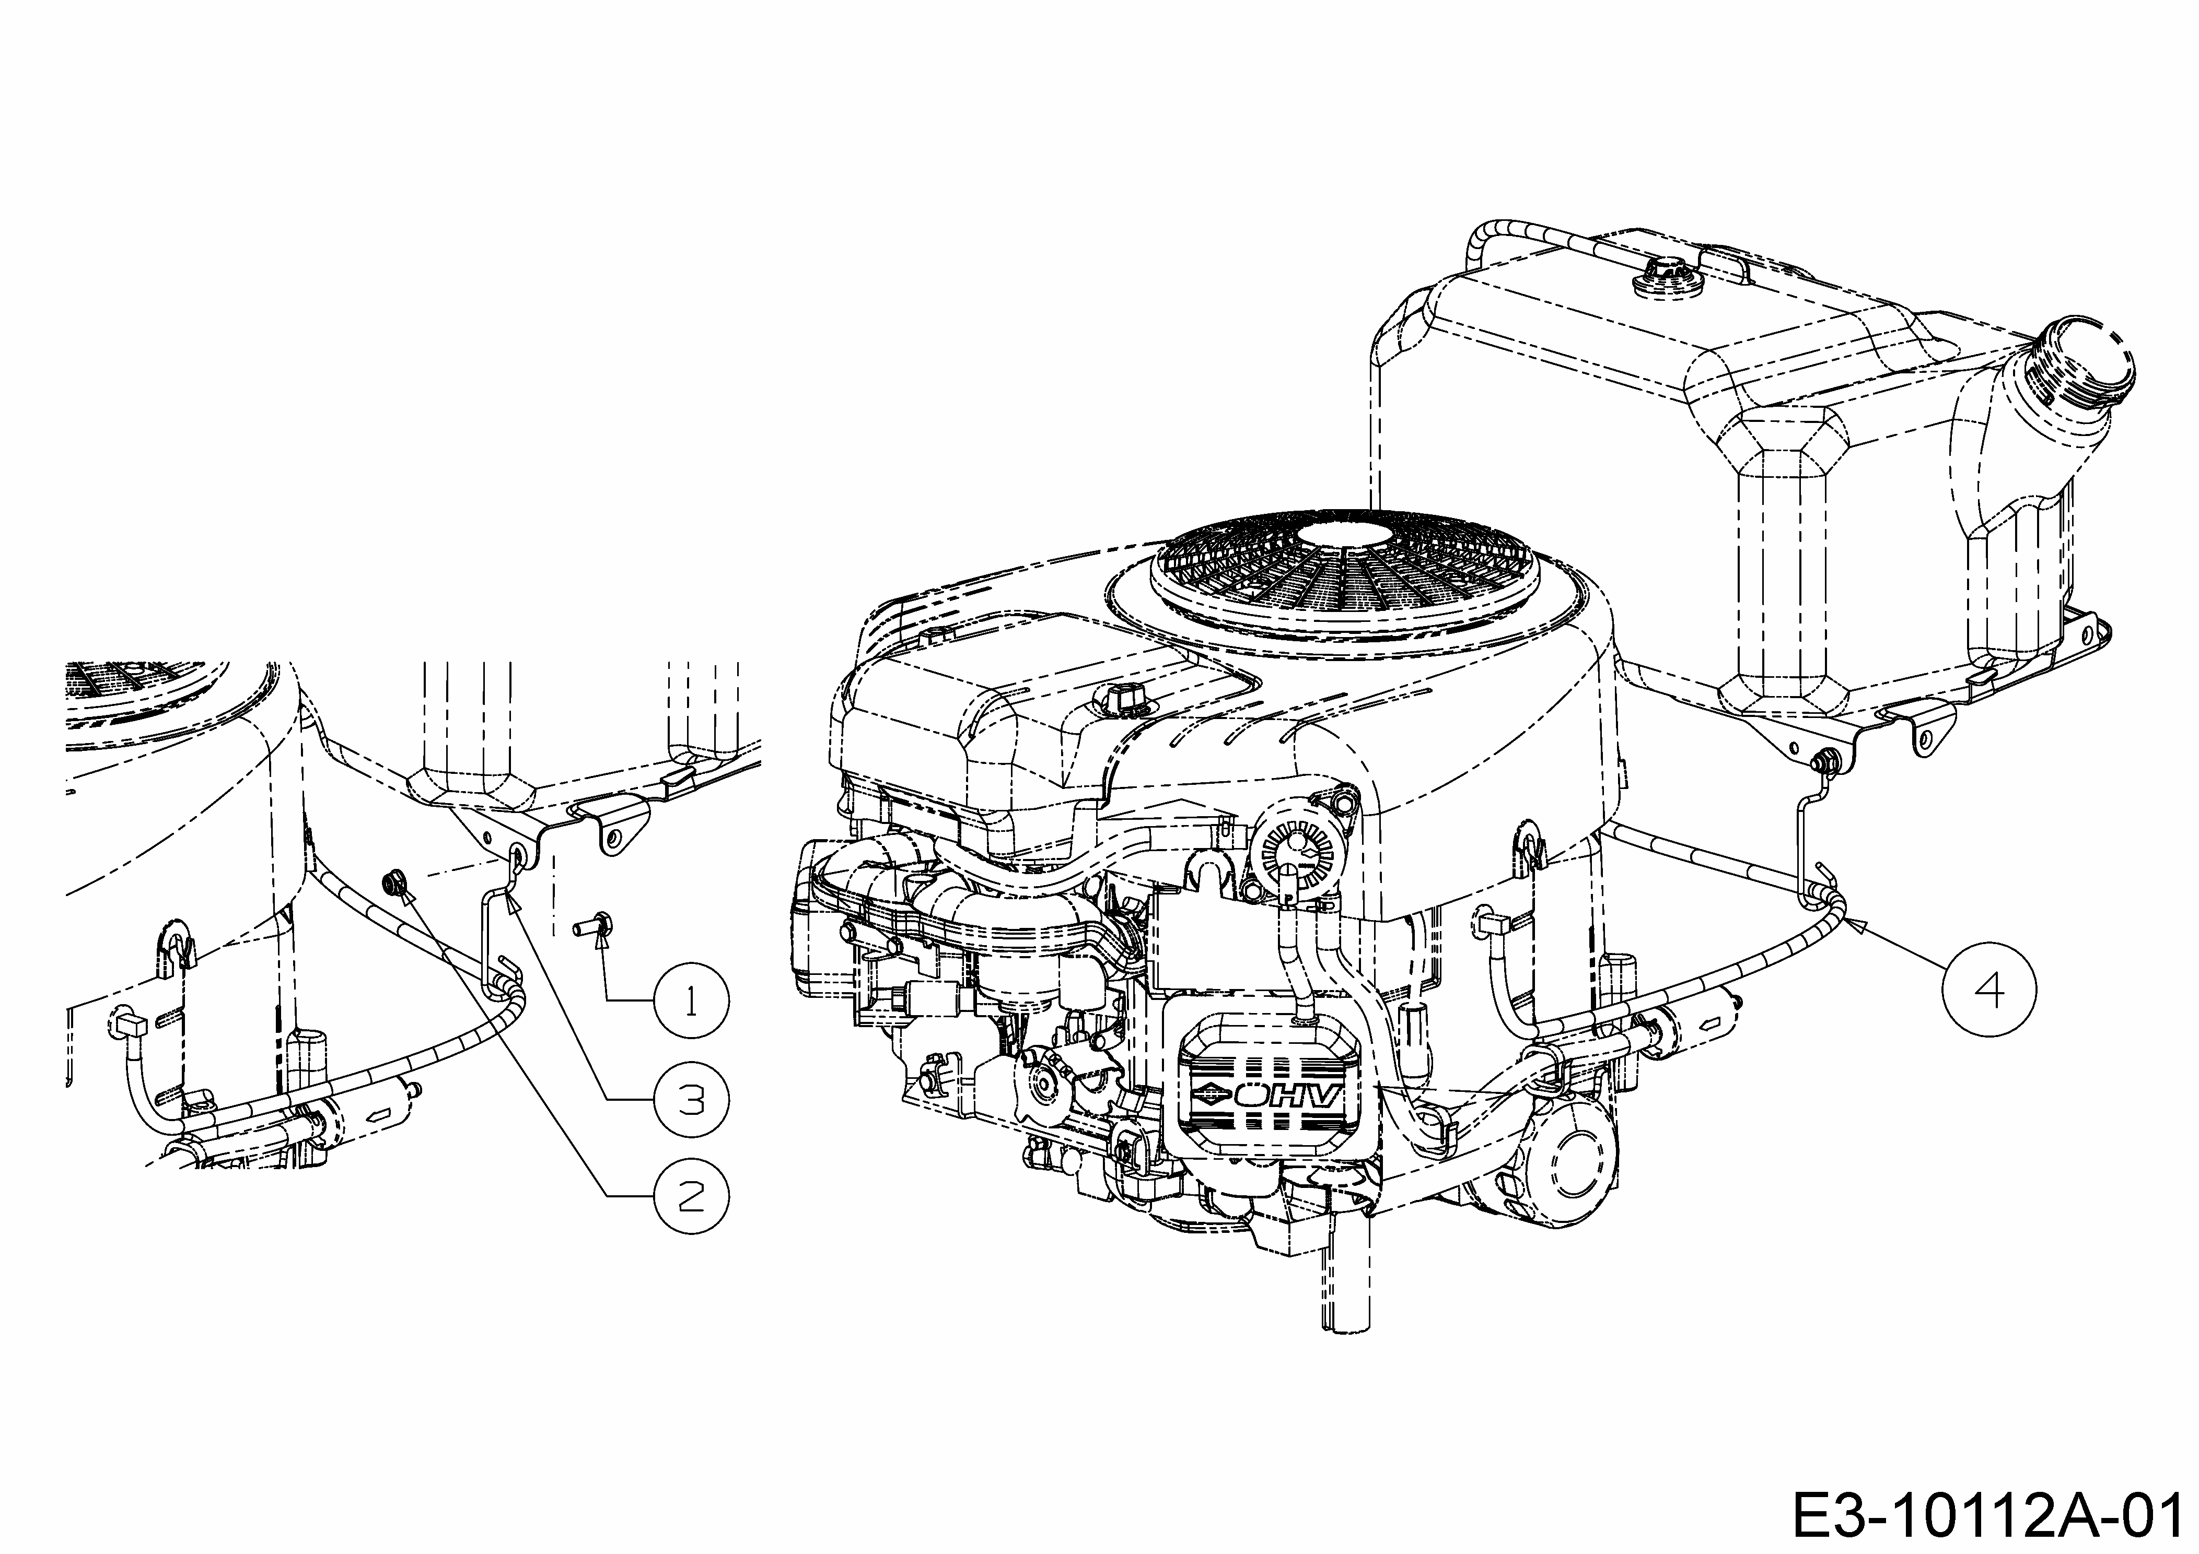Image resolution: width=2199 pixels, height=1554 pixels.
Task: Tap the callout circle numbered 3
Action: coord(691,1099)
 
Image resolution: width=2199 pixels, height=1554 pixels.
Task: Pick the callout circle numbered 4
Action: coord(1989,988)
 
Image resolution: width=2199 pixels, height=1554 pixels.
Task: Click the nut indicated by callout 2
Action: coord(393,882)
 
